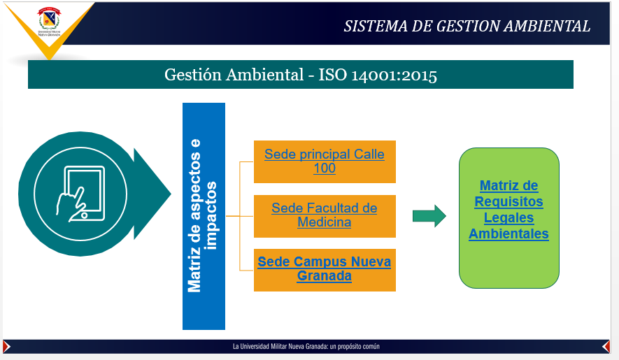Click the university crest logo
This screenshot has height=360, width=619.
49,22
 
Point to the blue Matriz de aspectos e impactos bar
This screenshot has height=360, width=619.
204,216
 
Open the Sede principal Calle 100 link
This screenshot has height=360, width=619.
325,161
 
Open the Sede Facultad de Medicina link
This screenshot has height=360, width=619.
325,215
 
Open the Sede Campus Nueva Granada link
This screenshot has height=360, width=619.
325,269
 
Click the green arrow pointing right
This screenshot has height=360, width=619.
429,216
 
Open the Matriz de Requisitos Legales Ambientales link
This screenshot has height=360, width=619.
508,210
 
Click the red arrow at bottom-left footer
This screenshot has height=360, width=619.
6,347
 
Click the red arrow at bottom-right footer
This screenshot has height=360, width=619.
606,347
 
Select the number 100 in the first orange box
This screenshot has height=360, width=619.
325,168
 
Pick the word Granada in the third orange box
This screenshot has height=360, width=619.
325,276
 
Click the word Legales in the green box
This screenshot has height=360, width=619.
508,217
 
